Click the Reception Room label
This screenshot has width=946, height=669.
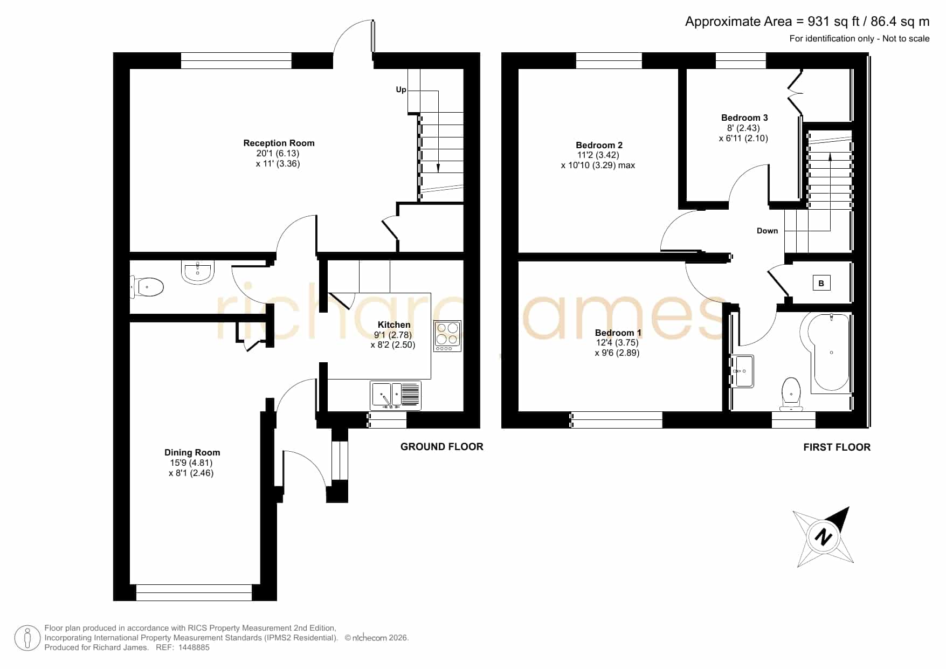279,143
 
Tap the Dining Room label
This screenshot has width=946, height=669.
192,452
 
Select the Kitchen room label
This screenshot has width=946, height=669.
394,325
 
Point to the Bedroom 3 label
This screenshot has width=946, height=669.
744,118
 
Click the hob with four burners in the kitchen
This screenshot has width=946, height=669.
447,336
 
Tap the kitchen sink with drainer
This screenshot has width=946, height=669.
396,395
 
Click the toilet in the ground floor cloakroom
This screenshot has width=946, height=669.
147,287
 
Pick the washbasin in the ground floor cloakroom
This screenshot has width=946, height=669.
198,272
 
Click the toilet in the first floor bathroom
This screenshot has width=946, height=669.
791,394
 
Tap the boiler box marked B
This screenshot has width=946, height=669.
821,283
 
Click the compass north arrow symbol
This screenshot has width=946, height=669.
823,537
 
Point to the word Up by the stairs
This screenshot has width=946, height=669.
401,89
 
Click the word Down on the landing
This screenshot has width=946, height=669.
767,231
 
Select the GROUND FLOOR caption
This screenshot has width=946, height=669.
442,446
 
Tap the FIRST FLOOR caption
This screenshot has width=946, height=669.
837,447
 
